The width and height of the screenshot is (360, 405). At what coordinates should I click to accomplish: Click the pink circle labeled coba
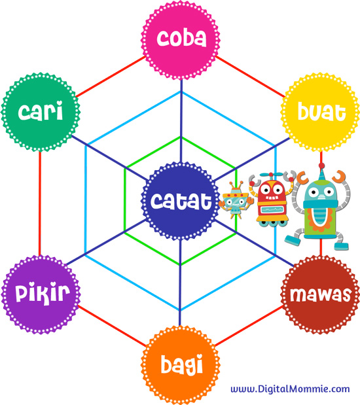pos(181,39)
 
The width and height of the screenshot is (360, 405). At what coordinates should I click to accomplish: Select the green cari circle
pos(41,112)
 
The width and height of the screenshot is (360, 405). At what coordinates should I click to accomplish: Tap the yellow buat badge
pos(320,112)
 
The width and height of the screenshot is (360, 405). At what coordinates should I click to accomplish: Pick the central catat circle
pos(181,201)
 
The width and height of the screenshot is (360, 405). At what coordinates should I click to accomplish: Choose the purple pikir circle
pos(41,294)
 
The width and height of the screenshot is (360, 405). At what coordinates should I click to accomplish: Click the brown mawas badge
pos(320,294)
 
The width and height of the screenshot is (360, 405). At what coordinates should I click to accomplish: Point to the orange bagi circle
pos(181,365)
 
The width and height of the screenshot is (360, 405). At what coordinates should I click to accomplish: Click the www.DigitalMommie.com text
pos(290,389)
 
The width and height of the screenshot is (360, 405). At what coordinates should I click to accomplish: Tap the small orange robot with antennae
pos(236,200)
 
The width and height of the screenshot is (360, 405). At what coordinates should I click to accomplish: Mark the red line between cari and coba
pos(111,77)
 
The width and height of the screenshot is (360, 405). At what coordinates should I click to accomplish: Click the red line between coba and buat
pos(250,77)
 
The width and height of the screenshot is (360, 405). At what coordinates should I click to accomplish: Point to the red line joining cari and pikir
pos(40,203)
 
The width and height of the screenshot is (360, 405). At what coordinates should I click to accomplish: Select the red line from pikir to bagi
pos(112,325)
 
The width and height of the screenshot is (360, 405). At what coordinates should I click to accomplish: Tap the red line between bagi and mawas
pos(249,325)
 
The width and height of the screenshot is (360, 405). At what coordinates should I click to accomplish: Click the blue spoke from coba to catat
pos(181,120)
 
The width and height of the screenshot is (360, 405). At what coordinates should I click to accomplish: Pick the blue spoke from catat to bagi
pos(180,283)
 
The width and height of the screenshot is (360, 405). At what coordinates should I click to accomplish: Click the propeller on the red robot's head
pos(270,175)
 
